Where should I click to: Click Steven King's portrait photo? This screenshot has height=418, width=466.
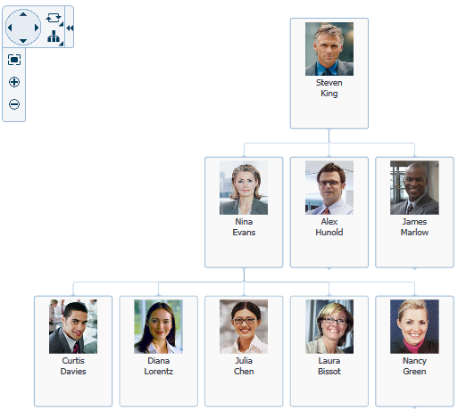(329, 49)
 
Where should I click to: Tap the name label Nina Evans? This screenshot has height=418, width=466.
(244, 227)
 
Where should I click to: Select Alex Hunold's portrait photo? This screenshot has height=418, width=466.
(329, 188)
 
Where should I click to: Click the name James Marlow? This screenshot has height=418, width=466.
(414, 227)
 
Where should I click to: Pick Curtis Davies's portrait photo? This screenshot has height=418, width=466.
(73, 326)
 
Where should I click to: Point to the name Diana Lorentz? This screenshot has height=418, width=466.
(159, 366)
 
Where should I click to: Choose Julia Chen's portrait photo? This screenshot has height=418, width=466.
(244, 326)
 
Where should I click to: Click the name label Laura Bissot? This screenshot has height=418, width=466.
(329, 366)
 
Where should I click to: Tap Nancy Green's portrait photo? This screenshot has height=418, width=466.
(414, 326)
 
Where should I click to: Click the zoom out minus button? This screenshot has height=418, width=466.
(14, 104)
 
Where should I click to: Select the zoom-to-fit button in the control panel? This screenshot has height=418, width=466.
(14, 60)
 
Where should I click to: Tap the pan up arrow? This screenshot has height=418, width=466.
(23, 14)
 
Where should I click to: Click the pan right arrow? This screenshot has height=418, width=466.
(37, 28)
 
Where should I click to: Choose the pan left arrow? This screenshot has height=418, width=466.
(10, 28)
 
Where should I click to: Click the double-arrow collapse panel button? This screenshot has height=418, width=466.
(70, 28)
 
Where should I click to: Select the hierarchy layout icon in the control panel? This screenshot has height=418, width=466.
(54, 37)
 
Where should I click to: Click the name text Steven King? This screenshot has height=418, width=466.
(329, 88)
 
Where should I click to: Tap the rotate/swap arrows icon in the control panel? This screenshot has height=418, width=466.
(54, 18)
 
